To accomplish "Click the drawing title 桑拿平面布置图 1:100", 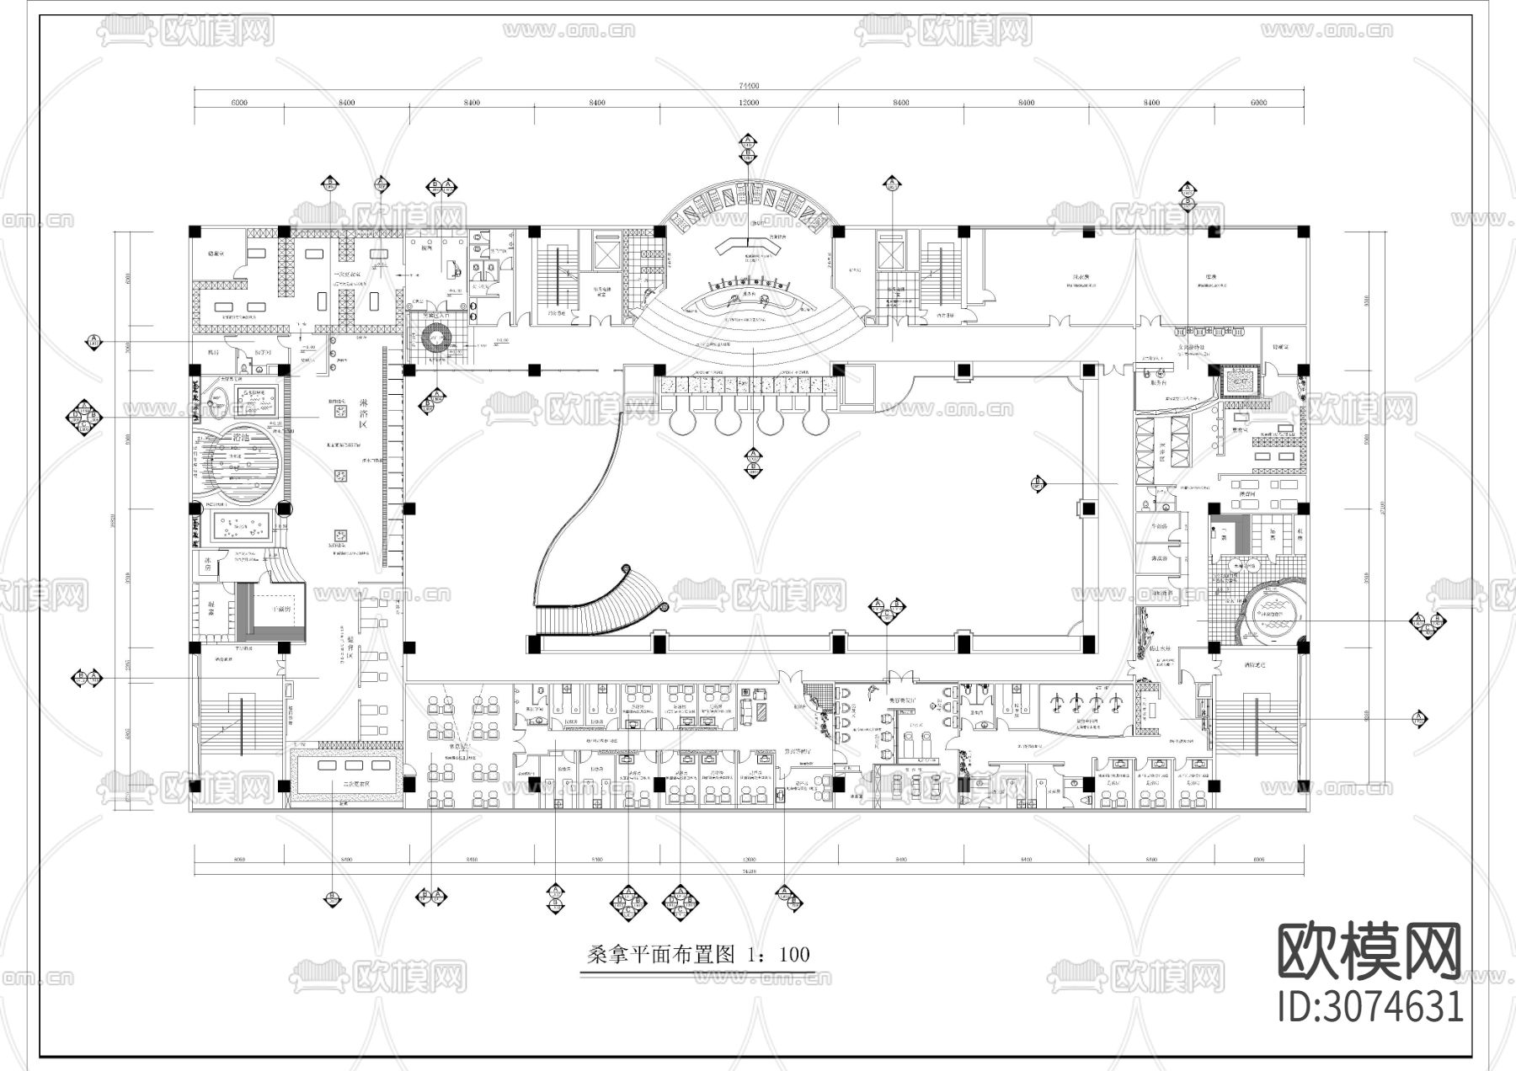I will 697,954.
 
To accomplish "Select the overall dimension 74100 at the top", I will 749,85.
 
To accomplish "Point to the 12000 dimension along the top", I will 749,103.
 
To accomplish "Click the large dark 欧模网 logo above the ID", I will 1370,952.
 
